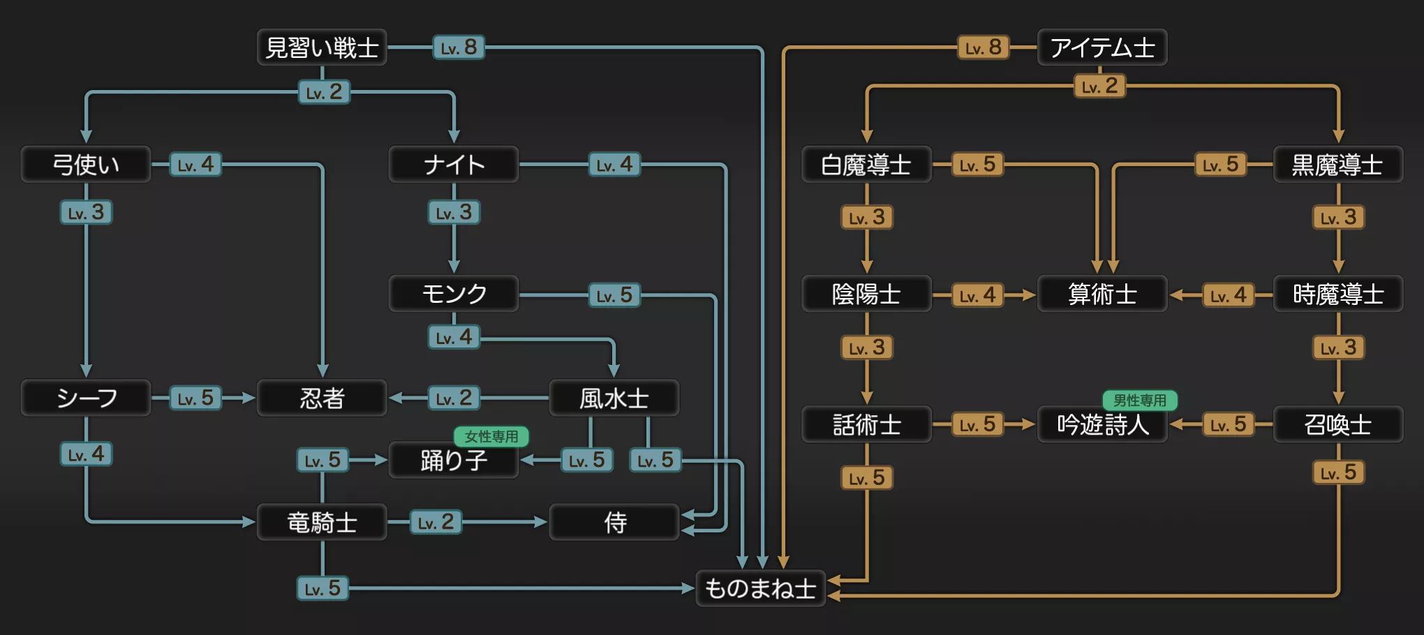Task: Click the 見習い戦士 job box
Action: pyautogui.click(x=322, y=47)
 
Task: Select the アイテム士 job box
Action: pyautogui.click(x=1102, y=47)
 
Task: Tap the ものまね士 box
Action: pyautogui.click(x=760, y=588)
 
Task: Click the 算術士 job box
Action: pyautogui.click(x=1102, y=294)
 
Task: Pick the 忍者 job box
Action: pyautogui.click(x=322, y=398)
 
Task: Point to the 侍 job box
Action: pyautogui.click(x=614, y=522)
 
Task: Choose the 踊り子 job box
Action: pyautogui.click(x=454, y=461)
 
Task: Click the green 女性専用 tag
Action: pyautogui.click(x=491, y=437)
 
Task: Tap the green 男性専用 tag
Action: pyautogui.click(x=1139, y=401)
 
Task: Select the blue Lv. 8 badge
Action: pyautogui.click(x=459, y=47)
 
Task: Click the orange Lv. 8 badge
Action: pyautogui.click(x=983, y=47)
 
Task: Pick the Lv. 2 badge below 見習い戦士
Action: pyautogui.click(x=324, y=92)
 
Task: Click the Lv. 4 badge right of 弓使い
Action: pyautogui.click(x=195, y=165)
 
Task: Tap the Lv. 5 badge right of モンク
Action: pyautogui.click(x=614, y=295)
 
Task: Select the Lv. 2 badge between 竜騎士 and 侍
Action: pyautogui.click(x=436, y=522)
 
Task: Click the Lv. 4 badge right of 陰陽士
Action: pyautogui.click(x=977, y=295)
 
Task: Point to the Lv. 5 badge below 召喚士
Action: pyautogui.click(x=1338, y=472)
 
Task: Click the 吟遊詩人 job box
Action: pyautogui.click(x=1102, y=424)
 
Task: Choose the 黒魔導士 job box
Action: pyautogui.click(x=1337, y=165)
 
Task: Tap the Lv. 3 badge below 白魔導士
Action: pyautogui.click(x=866, y=218)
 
